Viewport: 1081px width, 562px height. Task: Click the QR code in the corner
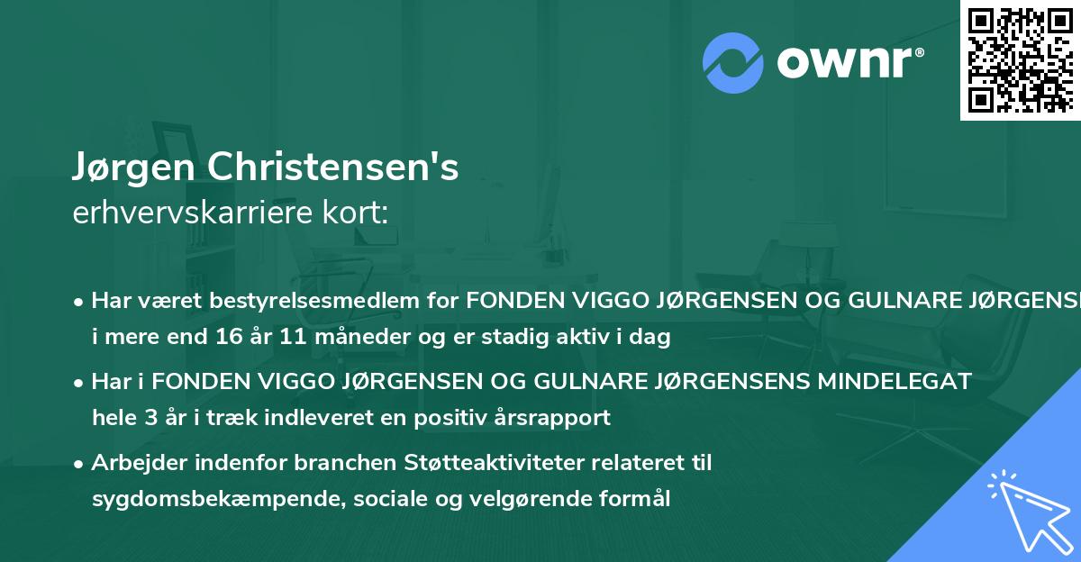pos(1020,59)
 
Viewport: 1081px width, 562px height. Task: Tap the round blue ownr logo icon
pos(732,62)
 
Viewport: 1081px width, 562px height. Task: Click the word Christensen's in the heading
pos(332,168)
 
